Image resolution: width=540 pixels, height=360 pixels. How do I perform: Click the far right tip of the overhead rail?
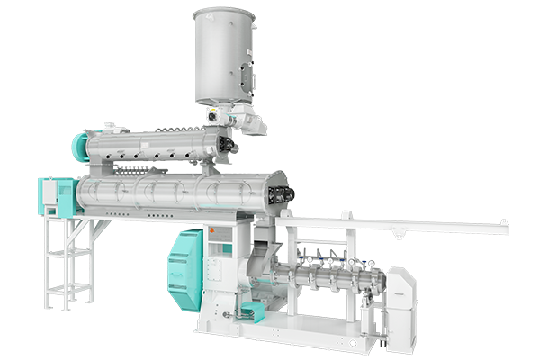(505, 224)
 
